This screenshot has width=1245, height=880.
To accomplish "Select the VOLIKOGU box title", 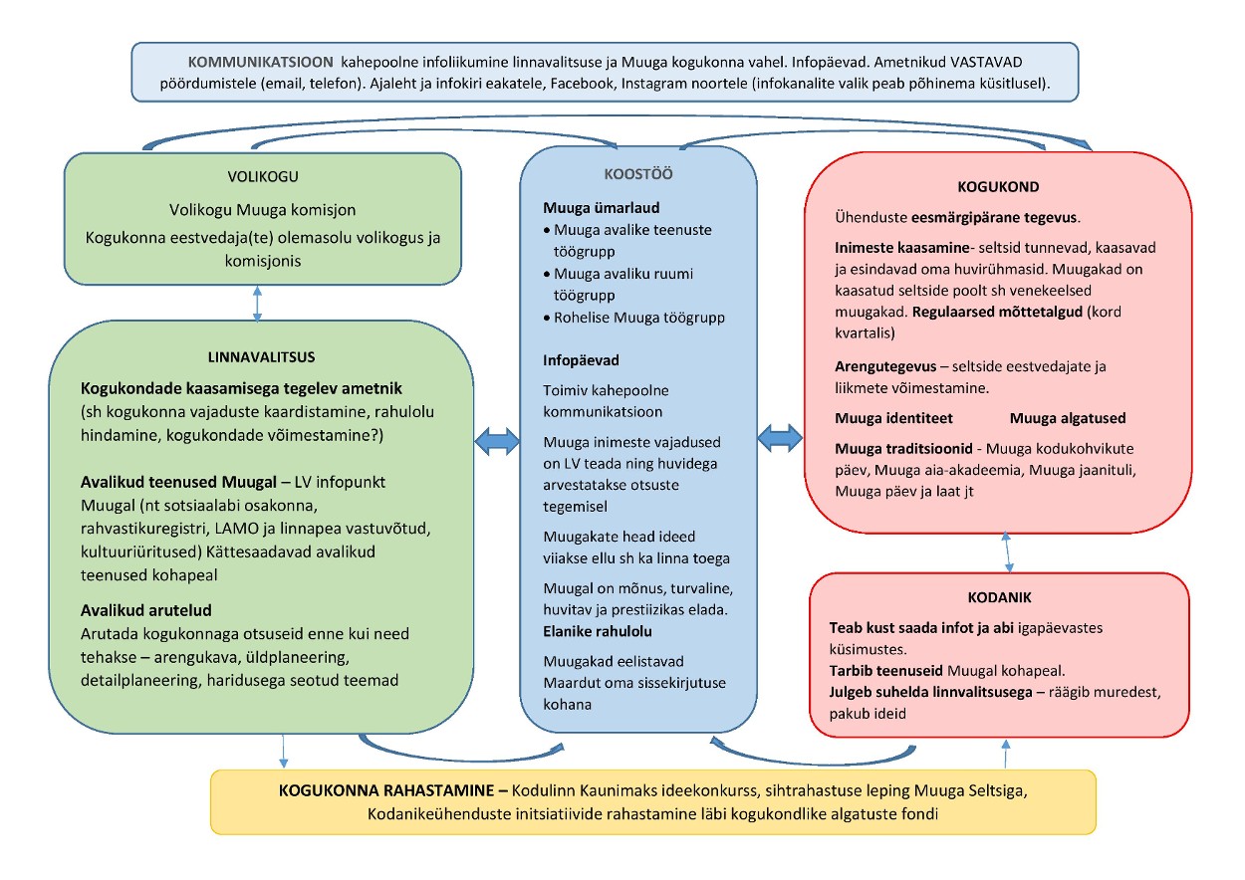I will click(x=263, y=179).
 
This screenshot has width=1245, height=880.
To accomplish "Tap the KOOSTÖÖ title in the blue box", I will click(x=637, y=173).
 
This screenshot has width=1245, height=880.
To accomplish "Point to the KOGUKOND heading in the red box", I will click(x=999, y=186).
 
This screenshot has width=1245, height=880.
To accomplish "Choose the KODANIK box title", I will click(x=999, y=597).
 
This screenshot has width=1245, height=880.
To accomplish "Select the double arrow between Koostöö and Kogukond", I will click(x=780, y=436).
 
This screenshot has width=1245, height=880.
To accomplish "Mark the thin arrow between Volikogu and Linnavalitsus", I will click(x=258, y=303).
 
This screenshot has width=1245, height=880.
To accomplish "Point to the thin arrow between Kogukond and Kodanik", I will click(x=1010, y=550).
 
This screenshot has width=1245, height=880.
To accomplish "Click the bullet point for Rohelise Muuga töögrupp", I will click(x=548, y=318).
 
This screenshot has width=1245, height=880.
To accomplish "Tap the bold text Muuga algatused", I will click(x=1067, y=418).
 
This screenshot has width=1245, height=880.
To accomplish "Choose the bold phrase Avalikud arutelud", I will click(x=146, y=610).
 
